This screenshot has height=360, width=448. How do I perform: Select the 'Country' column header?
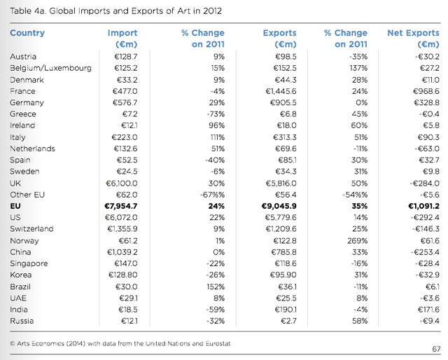click(27, 33)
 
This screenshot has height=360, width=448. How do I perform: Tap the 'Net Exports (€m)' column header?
click(413, 39)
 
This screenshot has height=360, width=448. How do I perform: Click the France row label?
click(22, 91)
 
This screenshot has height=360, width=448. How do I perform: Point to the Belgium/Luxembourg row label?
click(50, 68)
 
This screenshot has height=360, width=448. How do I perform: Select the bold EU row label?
click(15, 206)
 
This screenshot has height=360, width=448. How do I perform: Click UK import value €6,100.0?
click(121, 184)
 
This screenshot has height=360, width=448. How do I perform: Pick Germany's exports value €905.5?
click(283, 102)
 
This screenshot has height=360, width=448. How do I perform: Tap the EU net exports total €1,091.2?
click(423, 206)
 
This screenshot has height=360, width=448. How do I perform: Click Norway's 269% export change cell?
click(357, 241)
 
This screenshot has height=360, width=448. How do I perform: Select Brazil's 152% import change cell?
click(216, 286)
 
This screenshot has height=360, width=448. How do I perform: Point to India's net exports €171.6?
click(428, 310)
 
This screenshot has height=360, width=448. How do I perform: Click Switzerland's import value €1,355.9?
click(122, 229)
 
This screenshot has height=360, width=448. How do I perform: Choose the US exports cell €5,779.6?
click(281, 217)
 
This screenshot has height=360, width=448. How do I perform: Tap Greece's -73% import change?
click(216, 113)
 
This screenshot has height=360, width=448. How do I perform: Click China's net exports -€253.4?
click(425, 252)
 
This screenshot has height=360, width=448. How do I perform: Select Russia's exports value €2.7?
click(288, 321)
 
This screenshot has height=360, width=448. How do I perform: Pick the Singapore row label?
click(29, 263)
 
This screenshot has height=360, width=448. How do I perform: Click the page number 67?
click(436, 349)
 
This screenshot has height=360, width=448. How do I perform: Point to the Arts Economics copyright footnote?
click(120, 343)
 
